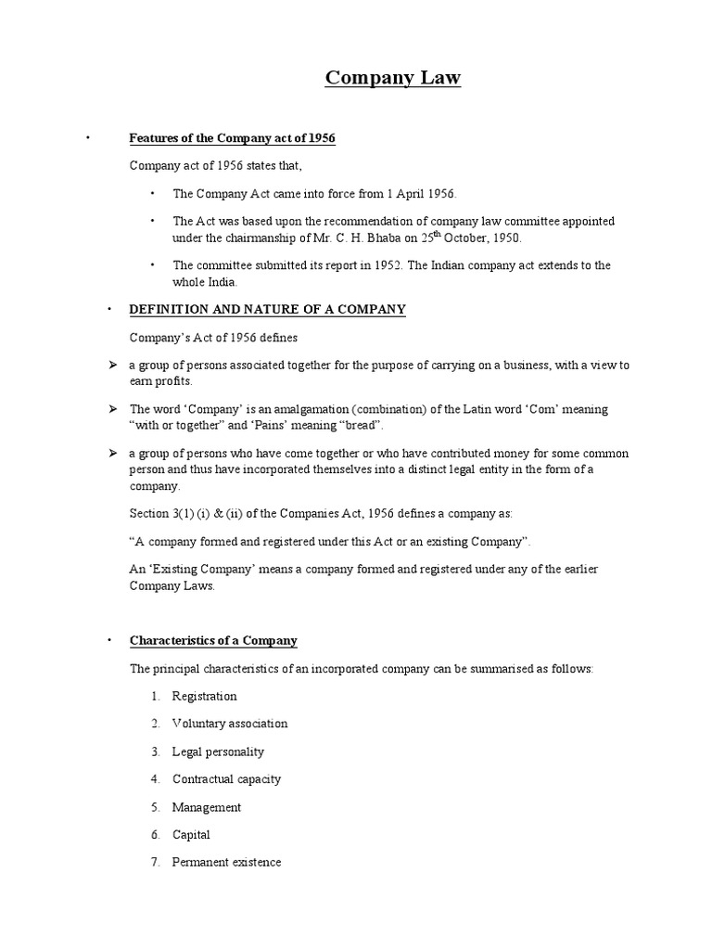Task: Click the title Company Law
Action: tap(392, 79)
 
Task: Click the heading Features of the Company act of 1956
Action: tap(232, 138)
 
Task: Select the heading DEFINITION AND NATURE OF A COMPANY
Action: tap(267, 309)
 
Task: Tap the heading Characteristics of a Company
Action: tap(213, 640)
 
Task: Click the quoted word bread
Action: tap(356, 425)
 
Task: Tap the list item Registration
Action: tap(204, 696)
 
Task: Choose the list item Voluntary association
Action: tap(230, 724)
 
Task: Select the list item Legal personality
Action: tap(218, 751)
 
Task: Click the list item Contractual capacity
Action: tap(226, 779)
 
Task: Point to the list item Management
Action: tap(206, 807)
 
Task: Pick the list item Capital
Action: tap(191, 835)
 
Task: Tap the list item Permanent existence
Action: tap(226, 863)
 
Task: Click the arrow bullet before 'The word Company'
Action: tap(111, 409)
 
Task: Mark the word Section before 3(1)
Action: tap(150, 513)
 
